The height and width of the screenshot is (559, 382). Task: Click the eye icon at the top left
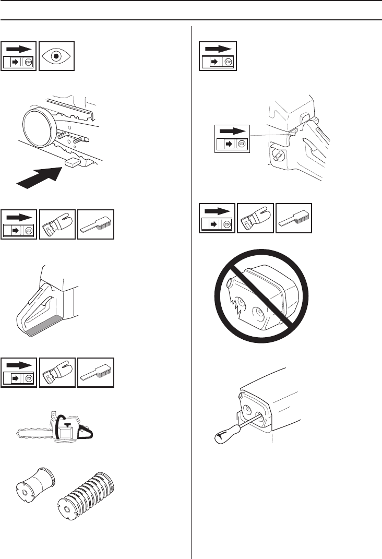(57, 55)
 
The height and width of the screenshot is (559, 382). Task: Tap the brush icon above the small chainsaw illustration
(95, 373)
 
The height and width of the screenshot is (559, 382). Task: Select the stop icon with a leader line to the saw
(233, 138)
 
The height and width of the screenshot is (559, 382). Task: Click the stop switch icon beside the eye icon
(19, 55)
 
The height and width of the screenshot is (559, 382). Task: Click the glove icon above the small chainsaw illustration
(57, 373)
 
